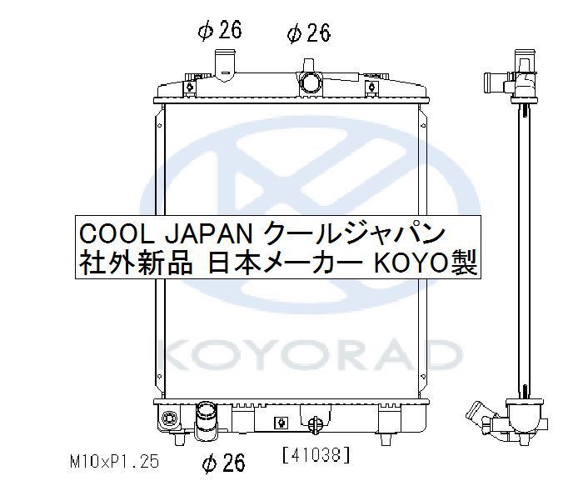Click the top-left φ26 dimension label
[220, 30]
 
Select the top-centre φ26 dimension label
[309, 33]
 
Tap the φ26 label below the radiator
[224, 463]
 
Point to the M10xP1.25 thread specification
[114, 462]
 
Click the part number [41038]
[316, 455]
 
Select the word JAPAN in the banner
[209, 234]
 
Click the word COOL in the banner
[117, 234]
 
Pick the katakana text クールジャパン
[354, 233]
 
